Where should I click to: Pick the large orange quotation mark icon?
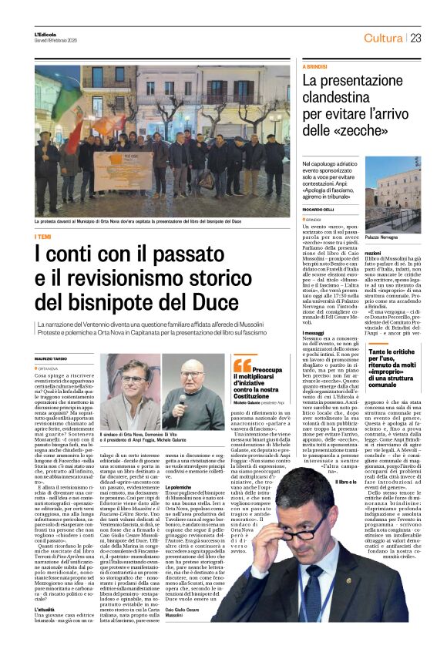point(241,364)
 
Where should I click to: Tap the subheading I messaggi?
point(314,310)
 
